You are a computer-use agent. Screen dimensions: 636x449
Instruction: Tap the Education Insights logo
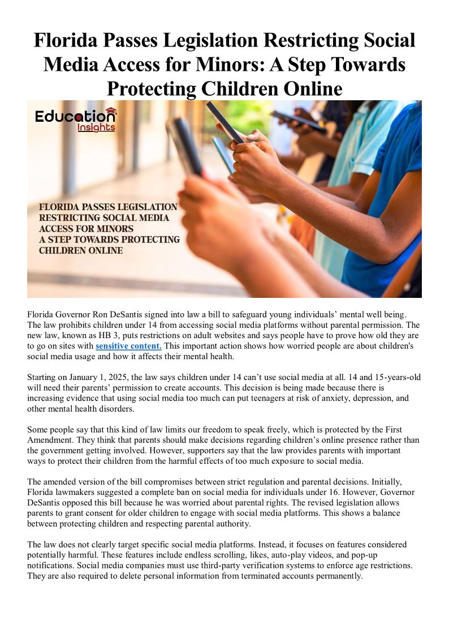(x=75, y=119)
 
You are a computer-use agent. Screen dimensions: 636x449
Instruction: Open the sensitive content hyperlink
(x=128, y=345)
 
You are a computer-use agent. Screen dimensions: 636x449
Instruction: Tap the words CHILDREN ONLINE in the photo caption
(x=81, y=250)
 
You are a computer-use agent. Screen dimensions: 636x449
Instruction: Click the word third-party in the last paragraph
(x=192, y=565)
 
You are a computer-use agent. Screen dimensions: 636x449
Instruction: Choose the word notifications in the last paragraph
(x=51, y=565)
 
